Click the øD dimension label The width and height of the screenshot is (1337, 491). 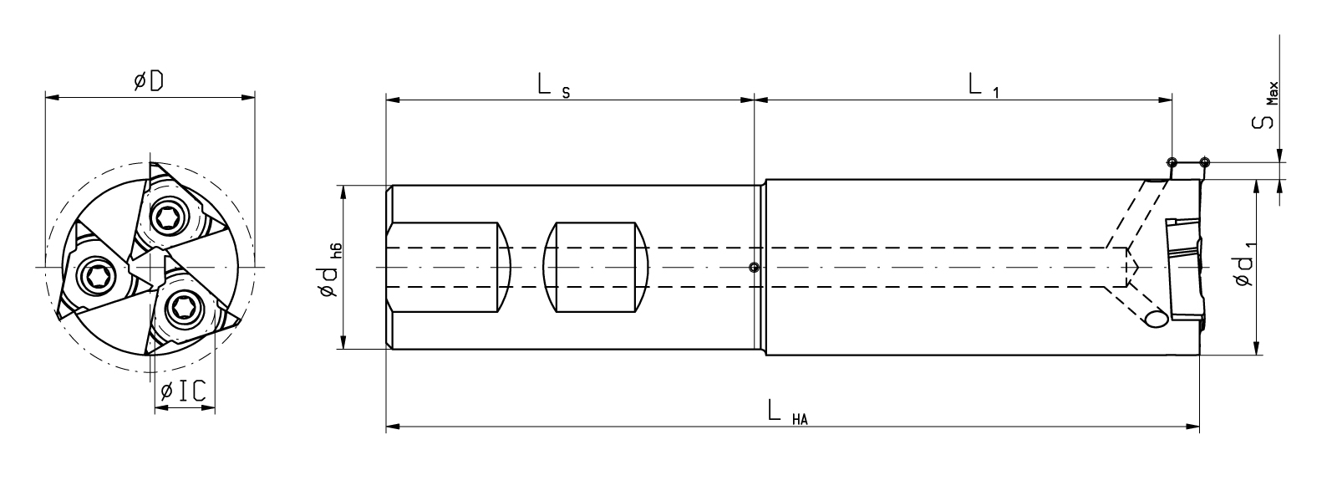point(149,82)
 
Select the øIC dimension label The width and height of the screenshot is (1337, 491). point(183,391)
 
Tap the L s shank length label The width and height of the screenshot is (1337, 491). point(552,84)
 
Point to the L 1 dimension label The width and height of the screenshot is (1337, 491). point(982,84)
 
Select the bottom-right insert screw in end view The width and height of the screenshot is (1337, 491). point(181,309)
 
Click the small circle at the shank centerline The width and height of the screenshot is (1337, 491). point(754,268)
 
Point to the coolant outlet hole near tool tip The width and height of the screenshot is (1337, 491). point(1157,319)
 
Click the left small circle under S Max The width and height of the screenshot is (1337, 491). point(1172,161)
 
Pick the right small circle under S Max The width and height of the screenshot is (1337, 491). point(1204,161)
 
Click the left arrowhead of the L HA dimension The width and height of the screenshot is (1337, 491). point(391,427)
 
